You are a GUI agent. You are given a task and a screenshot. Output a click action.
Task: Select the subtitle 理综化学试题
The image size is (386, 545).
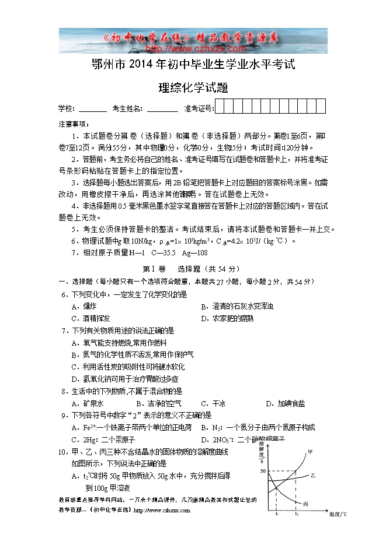[x=193, y=89]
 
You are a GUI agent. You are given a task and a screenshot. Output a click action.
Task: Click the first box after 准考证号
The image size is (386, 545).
[x=220, y=107]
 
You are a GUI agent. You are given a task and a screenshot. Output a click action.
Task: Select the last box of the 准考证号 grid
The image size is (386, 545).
[x=321, y=107]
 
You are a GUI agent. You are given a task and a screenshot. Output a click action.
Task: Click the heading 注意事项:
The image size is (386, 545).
[x=74, y=124]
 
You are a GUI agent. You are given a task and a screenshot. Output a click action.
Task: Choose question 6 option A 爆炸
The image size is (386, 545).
[x=84, y=306]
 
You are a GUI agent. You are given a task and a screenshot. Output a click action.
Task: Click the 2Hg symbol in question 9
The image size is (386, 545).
[x=89, y=439]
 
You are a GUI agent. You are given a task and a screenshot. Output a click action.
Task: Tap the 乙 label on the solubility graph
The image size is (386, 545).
[x=313, y=476]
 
